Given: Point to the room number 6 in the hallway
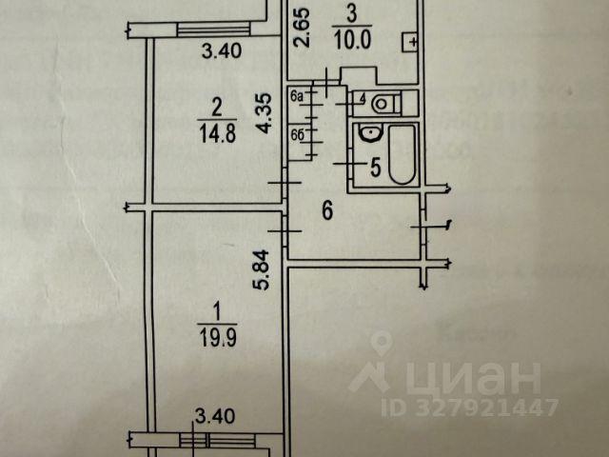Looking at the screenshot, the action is click(x=326, y=211).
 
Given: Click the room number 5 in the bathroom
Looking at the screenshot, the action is click(x=374, y=169).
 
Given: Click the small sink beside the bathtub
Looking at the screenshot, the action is click(x=364, y=139).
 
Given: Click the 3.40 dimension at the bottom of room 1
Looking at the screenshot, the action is click(x=212, y=415).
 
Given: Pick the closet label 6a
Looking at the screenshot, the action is click(x=296, y=95).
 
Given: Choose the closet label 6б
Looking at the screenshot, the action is click(x=296, y=134).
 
